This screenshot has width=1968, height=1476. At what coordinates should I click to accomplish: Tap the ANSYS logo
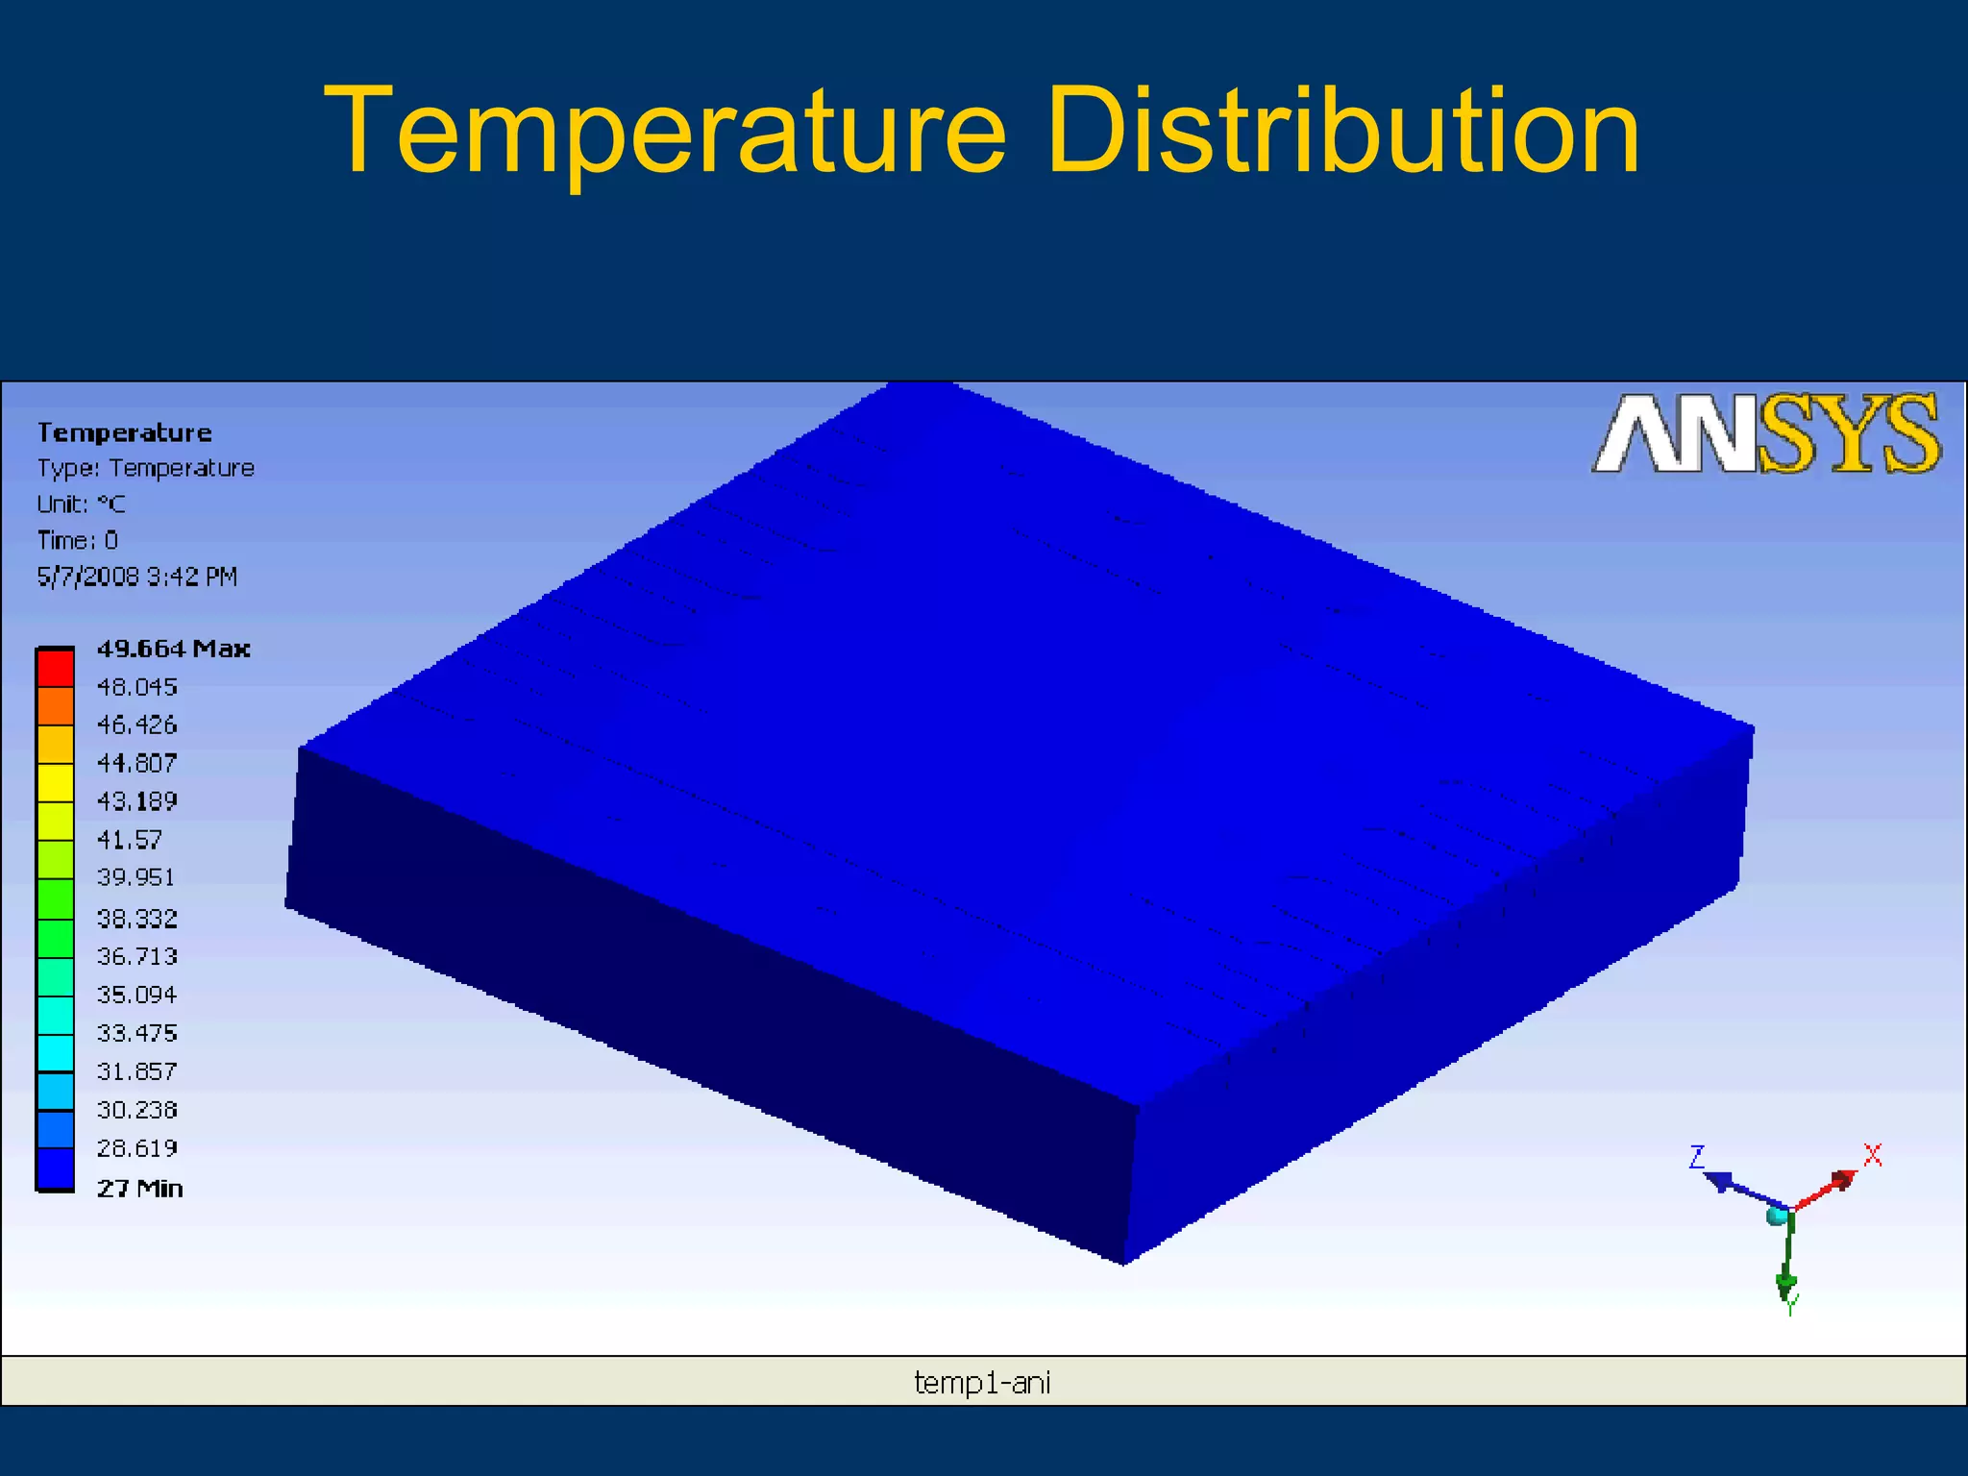click(x=1765, y=434)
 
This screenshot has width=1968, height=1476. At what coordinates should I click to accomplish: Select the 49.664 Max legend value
click(x=173, y=649)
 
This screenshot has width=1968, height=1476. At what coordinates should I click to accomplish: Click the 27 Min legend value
click(x=139, y=1189)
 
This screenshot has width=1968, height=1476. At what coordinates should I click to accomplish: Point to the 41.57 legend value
click(x=130, y=840)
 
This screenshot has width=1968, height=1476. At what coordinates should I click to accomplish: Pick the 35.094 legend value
click(x=136, y=995)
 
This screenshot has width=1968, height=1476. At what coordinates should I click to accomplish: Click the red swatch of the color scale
click(x=56, y=668)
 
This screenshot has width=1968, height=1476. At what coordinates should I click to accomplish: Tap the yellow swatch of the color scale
click(x=56, y=783)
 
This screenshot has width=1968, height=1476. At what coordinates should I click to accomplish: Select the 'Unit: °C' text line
click(x=82, y=504)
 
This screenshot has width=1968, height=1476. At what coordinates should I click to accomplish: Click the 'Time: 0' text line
click(x=78, y=540)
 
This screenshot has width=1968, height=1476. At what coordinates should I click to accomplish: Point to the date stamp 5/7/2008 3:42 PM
click(x=136, y=577)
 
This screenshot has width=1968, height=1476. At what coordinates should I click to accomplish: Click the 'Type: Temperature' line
click(x=145, y=468)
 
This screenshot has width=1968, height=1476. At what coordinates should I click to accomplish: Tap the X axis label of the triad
click(x=1872, y=1155)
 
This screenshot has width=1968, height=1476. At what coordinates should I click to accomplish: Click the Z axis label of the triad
click(x=1697, y=1157)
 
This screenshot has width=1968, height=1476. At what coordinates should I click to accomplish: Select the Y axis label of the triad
click(x=1790, y=1305)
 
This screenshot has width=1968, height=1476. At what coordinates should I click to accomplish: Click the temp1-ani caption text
click(x=982, y=1383)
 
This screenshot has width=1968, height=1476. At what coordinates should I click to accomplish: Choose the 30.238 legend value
click(x=136, y=1110)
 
